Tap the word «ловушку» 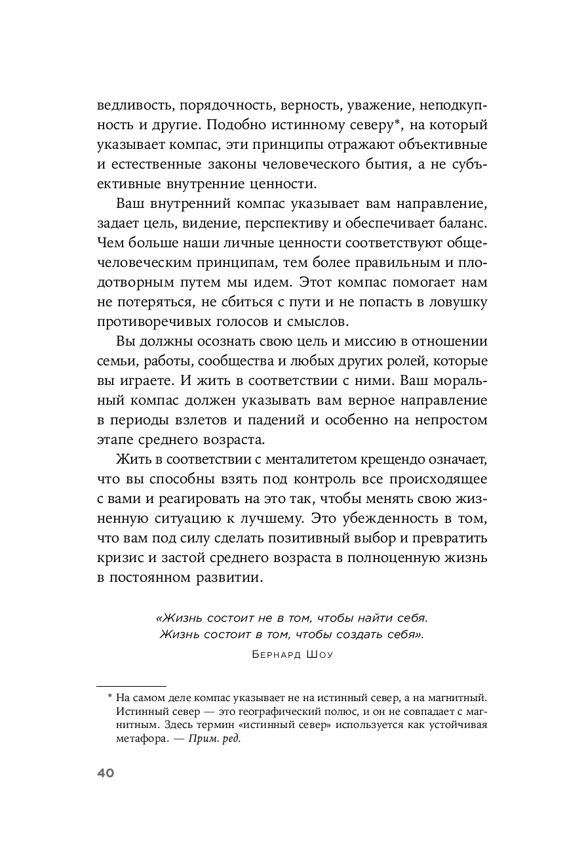(456, 303)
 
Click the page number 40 (106, 773)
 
